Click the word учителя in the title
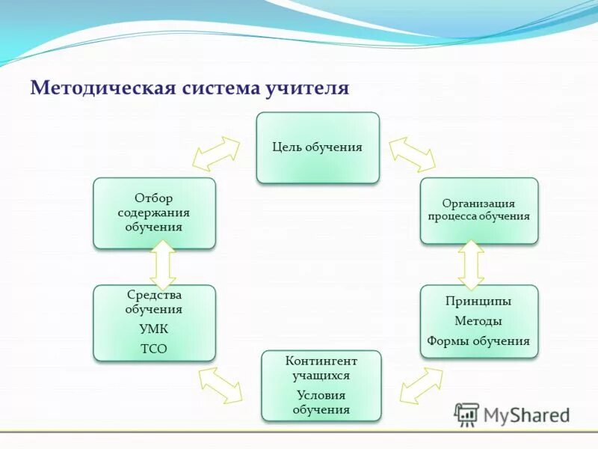coord(306,88)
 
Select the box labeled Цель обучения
coord(318,147)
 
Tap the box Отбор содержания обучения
coord(154,213)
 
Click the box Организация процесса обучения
coord(478,210)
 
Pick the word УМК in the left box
coord(154,329)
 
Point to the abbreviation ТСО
coord(154,349)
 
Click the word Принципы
coord(478,301)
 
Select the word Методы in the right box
coord(478,321)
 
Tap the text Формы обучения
coord(478,341)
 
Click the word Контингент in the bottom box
coord(321,361)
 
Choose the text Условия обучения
coord(321,402)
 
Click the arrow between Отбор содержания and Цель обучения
coord(216,154)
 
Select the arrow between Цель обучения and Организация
coord(412,153)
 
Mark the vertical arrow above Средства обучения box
coord(162,265)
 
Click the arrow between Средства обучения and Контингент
coord(221,385)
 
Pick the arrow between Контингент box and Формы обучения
coord(421,385)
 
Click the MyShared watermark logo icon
coord(467,414)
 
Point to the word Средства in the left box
coord(154,295)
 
